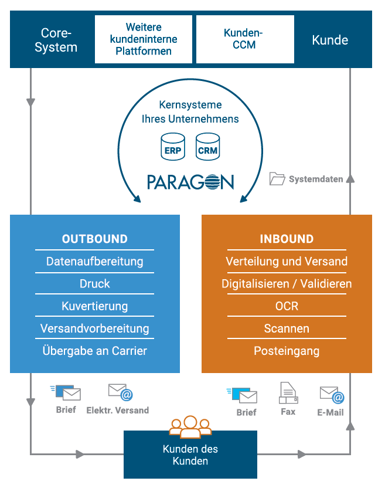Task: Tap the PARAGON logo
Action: click(190, 181)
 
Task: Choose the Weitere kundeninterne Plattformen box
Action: click(144, 39)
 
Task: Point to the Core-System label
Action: click(56, 40)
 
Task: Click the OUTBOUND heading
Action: click(95, 239)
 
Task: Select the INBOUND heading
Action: click(287, 239)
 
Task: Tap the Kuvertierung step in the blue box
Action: click(95, 306)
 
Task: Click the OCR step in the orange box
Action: click(287, 306)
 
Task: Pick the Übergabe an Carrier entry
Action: click(95, 351)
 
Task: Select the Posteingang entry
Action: click(287, 351)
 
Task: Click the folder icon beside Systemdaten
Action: click(277, 178)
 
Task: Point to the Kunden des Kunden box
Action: click(190, 455)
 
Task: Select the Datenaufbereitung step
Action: click(95, 262)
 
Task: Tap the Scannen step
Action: click(287, 328)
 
